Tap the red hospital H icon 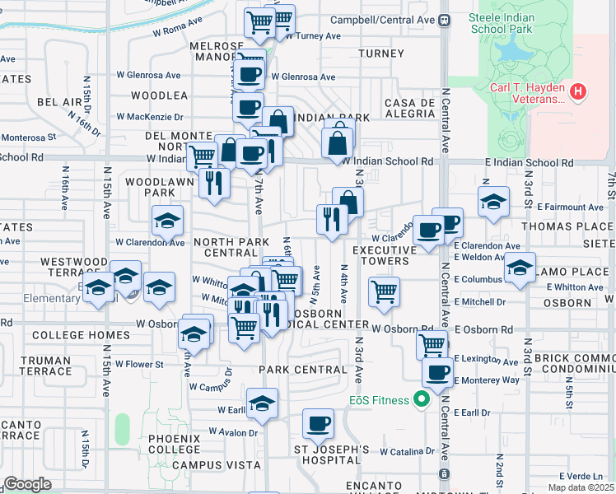(x=579, y=91)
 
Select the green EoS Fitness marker (x=422, y=401)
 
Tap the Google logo (x=27, y=484)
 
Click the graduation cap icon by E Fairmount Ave (x=493, y=202)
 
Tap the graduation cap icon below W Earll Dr (x=262, y=403)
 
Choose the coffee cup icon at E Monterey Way (x=436, y=372)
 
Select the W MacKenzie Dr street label (x=150, y=117)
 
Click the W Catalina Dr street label (x=407, y=451)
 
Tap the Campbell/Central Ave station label (x=383, y=19)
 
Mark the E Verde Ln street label (x=581, y=477)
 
